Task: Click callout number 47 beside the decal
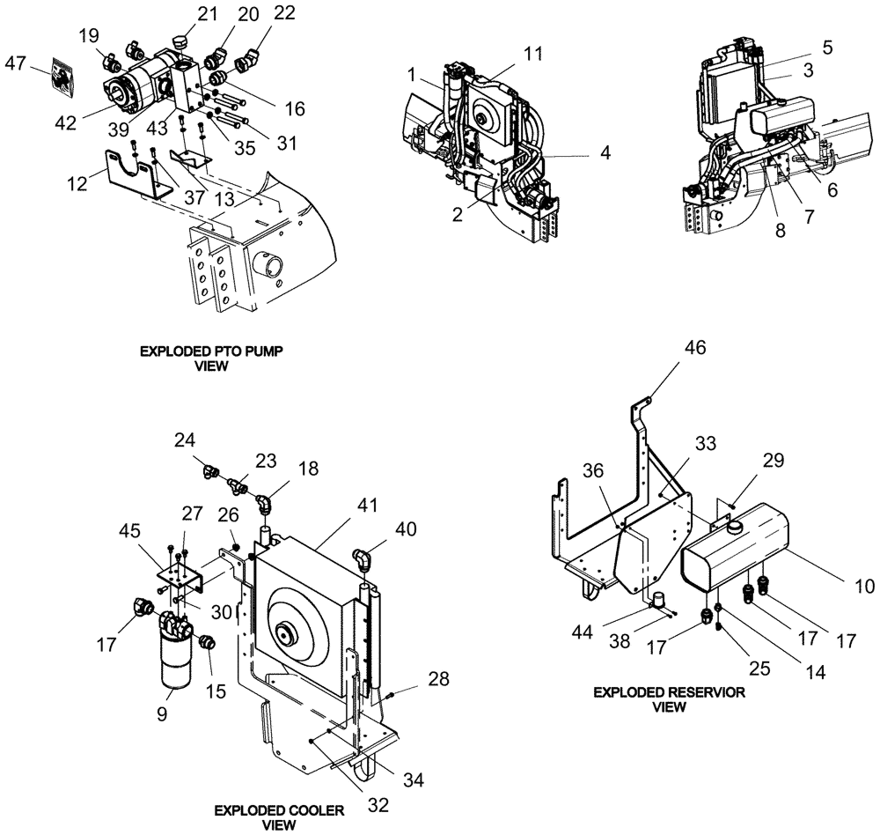point(15,63)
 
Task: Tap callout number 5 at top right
point(825,46)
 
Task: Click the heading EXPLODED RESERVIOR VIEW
point(668,699)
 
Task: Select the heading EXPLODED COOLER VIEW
point(267,817)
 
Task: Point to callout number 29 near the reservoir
point(773,460)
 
